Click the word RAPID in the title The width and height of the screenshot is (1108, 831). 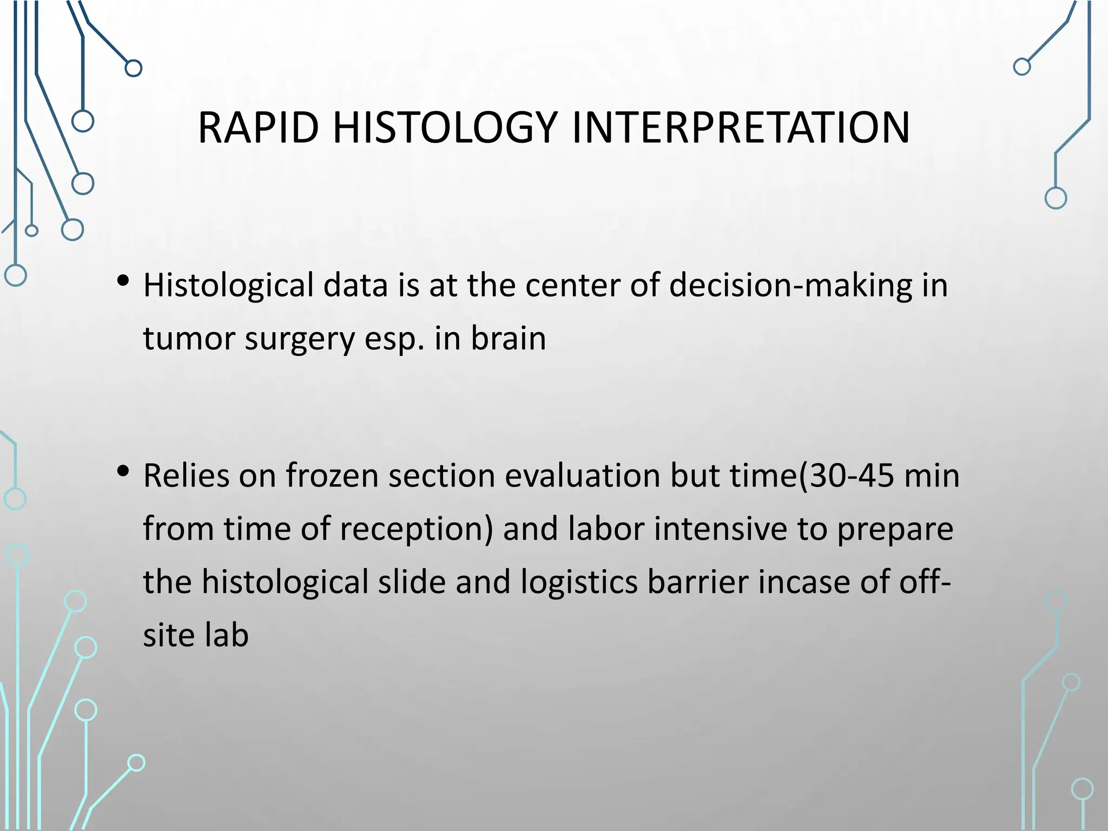258,128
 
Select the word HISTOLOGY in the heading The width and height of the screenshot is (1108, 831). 445,128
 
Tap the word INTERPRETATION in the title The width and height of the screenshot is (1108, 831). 740,128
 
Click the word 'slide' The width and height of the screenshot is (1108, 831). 412,582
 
